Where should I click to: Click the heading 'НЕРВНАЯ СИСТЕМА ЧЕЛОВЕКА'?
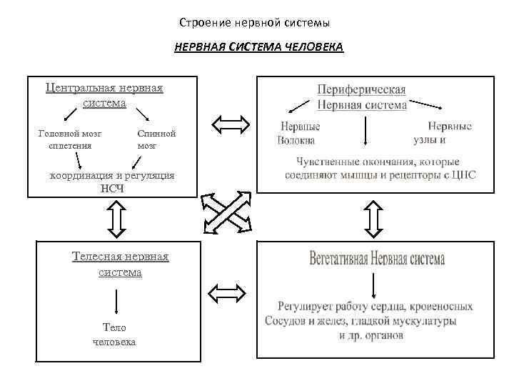[258, 48]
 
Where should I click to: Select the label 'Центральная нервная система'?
[104, 95]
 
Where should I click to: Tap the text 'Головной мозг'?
[70, 133]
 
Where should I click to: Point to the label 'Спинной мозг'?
[156, 139]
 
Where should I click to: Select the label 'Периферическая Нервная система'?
[362, 97]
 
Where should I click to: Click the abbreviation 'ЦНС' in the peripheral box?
[463, 174]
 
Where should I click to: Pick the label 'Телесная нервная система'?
[120, 264]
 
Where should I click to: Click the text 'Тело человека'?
[114, 335]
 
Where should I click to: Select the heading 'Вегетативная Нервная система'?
[377, 259]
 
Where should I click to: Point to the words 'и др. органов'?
[366, 335]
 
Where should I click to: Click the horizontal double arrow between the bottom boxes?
[226, 292]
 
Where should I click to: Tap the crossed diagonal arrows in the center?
[227, 213]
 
